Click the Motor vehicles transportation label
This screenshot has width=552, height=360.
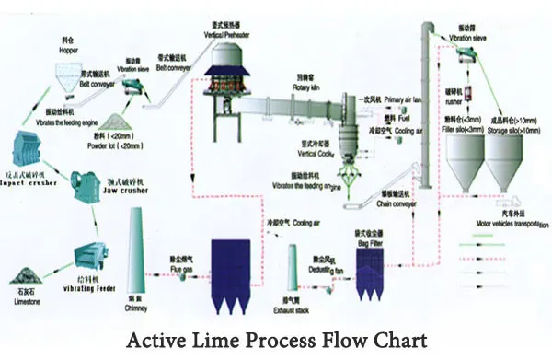(x=504, y=222)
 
